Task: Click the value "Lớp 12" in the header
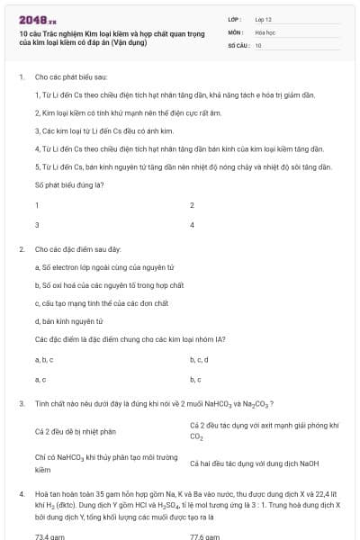coord(264,18)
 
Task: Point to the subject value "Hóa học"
coord(265,31)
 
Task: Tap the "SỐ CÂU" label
coord(238,44)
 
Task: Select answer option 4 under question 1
coord(192,224)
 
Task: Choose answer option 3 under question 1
coord(37,224)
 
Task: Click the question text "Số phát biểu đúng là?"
coord(69,184)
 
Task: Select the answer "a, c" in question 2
coord(40,379)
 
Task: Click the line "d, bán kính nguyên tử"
coord(69,320)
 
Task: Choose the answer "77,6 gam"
coord(204,536)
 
